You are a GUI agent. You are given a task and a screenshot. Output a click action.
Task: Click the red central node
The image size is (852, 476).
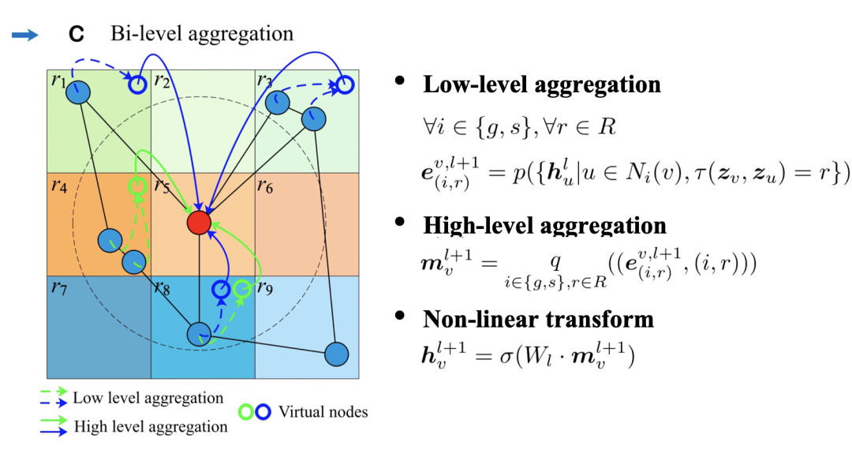(x=199, y=223)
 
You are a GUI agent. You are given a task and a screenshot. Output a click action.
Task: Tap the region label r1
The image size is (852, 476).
(x=58, y=81)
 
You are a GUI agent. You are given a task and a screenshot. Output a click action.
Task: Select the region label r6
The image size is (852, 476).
(x=265, y=186)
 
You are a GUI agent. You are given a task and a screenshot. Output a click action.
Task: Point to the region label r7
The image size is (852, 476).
(x=58, y=287)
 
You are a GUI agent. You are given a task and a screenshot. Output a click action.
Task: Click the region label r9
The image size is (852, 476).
(x=265, y=287)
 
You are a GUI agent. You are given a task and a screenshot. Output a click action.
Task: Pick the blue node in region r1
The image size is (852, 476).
(x=78, y=92)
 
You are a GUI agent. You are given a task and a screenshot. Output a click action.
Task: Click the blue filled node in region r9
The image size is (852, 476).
(x=336, y=354)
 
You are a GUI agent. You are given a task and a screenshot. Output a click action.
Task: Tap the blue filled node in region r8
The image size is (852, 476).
(x=199, y=334)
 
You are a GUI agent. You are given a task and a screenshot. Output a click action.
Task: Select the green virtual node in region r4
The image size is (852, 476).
(x=137, y=186)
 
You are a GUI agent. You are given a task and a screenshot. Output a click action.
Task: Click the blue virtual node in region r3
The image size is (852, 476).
(x=345, y=85)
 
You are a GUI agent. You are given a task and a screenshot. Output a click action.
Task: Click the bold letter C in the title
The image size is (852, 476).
(x=76, y=34)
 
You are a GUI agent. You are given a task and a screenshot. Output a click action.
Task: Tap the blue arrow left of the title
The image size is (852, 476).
(x=25, y=36)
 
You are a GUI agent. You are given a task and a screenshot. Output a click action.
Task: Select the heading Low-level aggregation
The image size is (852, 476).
(x=542, y=85)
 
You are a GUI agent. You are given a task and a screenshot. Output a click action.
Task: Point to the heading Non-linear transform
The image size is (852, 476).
(x=538, y=320)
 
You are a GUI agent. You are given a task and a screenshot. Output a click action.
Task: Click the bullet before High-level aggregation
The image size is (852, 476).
(x=401, y=222)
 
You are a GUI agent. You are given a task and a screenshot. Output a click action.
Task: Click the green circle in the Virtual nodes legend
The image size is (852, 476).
(x=246, y=412)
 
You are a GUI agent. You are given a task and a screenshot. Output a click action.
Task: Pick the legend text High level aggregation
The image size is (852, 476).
(x=151, y=427)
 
